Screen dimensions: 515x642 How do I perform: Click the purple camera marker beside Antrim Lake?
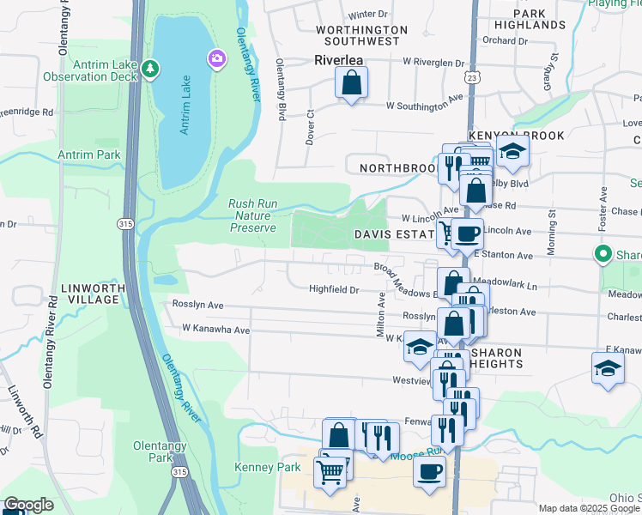tap(216, 58)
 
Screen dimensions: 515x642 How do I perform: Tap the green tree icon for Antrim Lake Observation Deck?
tap(151, 68)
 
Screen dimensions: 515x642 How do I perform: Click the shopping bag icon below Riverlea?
tap(351, 83)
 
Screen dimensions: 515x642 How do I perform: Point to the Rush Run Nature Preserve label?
tap(253, 216)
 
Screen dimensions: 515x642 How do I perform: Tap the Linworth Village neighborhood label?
tap(89, 293)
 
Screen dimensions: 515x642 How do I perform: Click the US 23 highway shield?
tap(473, 78)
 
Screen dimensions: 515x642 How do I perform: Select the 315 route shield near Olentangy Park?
tap(179, 471)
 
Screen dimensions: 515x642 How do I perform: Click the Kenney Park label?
tap(268, 467)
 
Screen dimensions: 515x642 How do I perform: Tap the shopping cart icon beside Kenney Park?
tap(330, 470)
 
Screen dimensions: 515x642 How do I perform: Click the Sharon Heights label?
tap(498, 358)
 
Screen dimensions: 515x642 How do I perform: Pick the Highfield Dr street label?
tap(334, 289)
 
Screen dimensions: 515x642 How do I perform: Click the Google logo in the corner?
tap(28, 505)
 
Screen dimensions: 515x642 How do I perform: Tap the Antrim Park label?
tap(88, 154)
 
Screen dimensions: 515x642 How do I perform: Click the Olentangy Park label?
tap(155, 452)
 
